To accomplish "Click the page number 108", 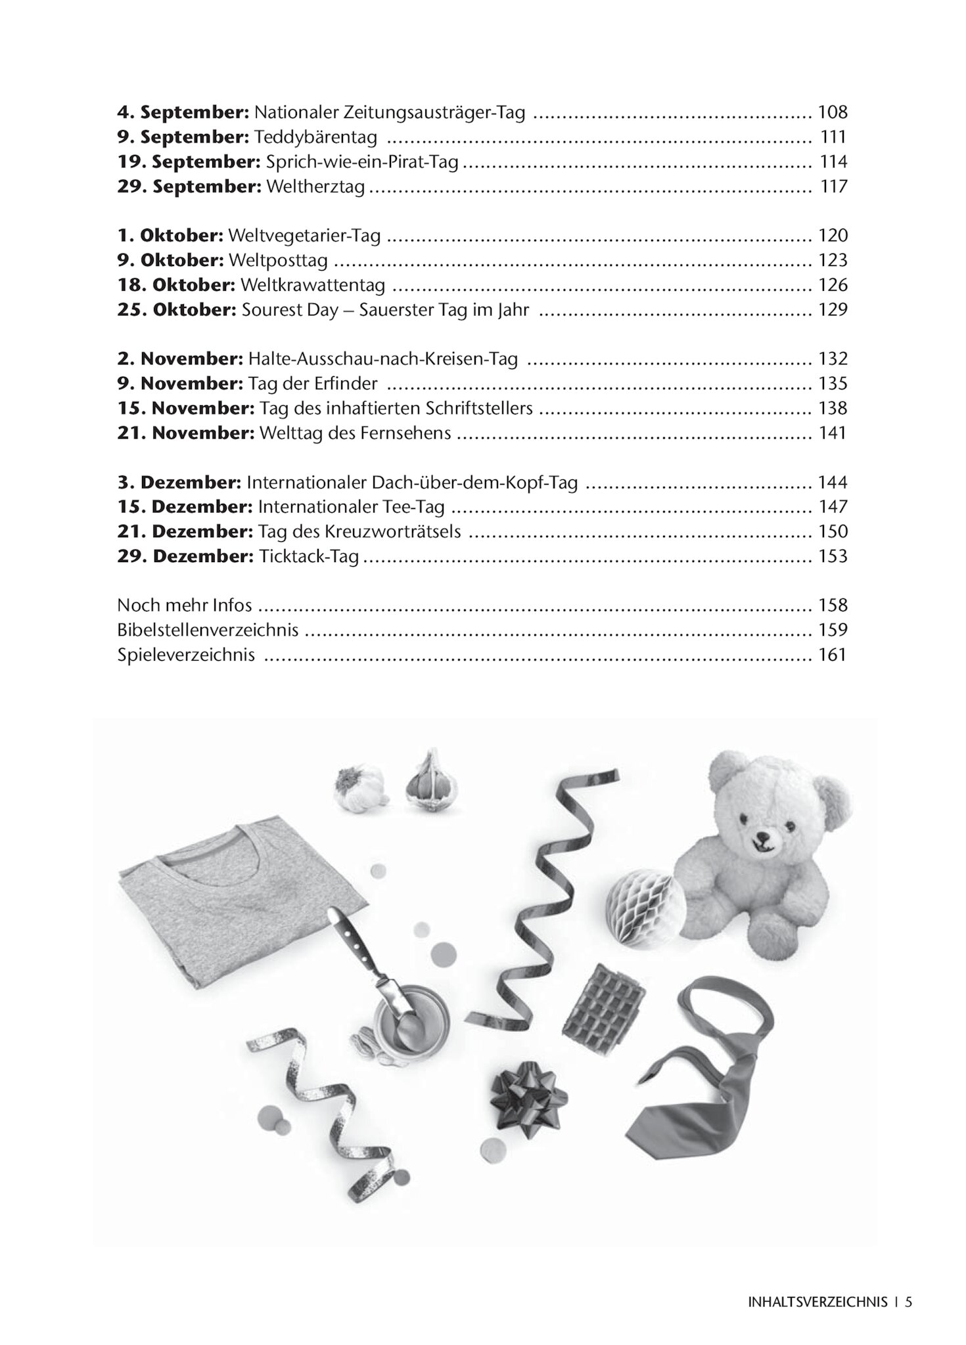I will [x=832, y=112].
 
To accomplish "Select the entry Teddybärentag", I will [x=315, y=137].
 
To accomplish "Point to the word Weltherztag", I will [x=315, y=187].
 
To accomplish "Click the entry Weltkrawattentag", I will [x=313, y=285].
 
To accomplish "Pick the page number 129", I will [x=832, y=309].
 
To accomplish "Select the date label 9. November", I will [x=179, y=384].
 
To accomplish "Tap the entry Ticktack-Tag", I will [x=309, y=557].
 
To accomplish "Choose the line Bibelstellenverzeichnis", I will [x=208, y=630].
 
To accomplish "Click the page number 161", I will [x=832, y=655].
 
